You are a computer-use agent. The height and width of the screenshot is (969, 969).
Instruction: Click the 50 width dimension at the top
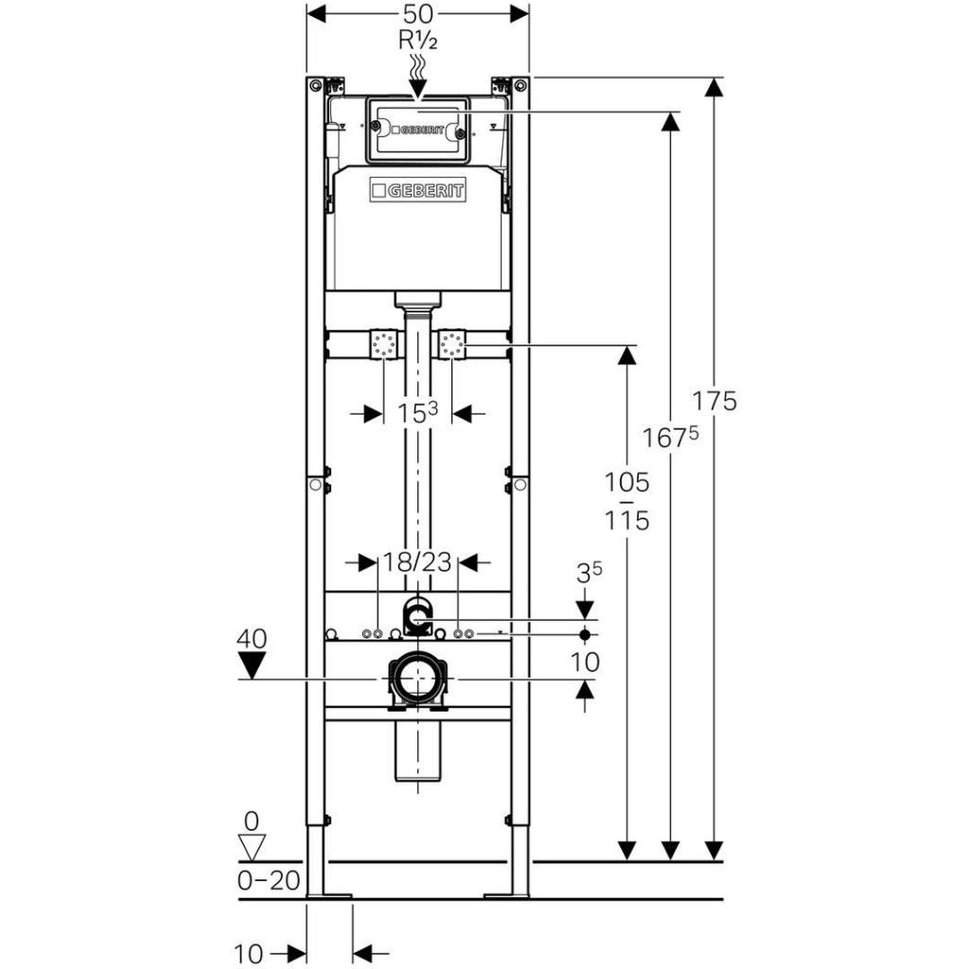tap(417, 14)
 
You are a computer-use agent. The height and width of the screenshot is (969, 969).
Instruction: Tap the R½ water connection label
tap(417, 41)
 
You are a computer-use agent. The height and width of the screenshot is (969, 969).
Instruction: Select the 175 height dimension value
tap(714, 400)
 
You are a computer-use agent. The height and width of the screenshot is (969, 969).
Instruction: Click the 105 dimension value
tap(627, 483)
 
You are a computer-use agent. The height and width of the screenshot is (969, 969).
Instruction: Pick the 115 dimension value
tap(627, 520)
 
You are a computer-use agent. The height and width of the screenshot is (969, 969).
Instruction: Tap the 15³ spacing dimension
tap(417, 413)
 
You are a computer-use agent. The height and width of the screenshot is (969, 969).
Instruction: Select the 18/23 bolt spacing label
tap(416, 562)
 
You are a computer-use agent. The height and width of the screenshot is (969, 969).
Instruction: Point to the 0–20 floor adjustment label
tap(269, 881)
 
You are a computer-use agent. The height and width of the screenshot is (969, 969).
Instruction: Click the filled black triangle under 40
tap(252, 667)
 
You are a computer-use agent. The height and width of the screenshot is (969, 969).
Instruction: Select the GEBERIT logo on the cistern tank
tap(417, 191)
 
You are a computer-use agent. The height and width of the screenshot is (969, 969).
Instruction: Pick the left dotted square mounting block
tap(383, 344)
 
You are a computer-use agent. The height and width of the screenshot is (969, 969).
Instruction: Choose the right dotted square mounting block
tap(452, 344)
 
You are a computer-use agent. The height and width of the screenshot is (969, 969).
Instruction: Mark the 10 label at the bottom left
tap(248, 954)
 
